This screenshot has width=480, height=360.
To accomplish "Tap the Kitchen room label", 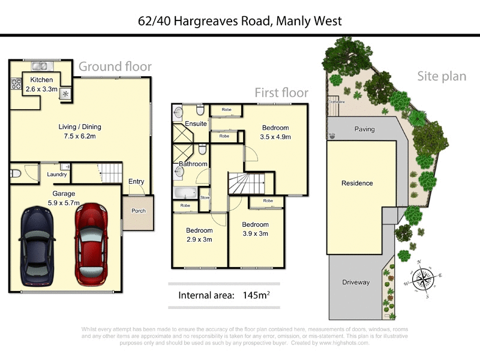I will click(x=39, y=80).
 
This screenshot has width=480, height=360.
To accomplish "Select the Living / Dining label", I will click(x=79, y=127).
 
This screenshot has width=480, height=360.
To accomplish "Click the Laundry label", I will click(x=57, y=175).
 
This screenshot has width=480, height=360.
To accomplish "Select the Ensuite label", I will click(x=196, y=124).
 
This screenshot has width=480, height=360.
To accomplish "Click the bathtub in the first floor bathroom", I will click(x=185, y=193).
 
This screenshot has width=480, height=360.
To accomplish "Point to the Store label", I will click(x=205, y=197).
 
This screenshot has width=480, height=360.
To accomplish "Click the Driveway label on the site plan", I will click(x=356, y=282).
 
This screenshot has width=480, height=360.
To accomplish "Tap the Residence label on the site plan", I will click(x=357, y=183).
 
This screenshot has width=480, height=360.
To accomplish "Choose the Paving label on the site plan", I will click(x=364, y=129).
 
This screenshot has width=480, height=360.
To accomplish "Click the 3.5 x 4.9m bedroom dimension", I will click(x=275, y=137).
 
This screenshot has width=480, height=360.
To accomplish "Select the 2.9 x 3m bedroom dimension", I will click(x=199, y=239).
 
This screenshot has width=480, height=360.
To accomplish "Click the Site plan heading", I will click(x=442, y=76).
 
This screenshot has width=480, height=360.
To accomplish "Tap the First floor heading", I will click(x=281, y=92).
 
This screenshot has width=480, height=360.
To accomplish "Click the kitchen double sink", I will click(x=40, y=65).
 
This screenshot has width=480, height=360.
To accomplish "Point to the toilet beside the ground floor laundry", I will click(x=17, y=174).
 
